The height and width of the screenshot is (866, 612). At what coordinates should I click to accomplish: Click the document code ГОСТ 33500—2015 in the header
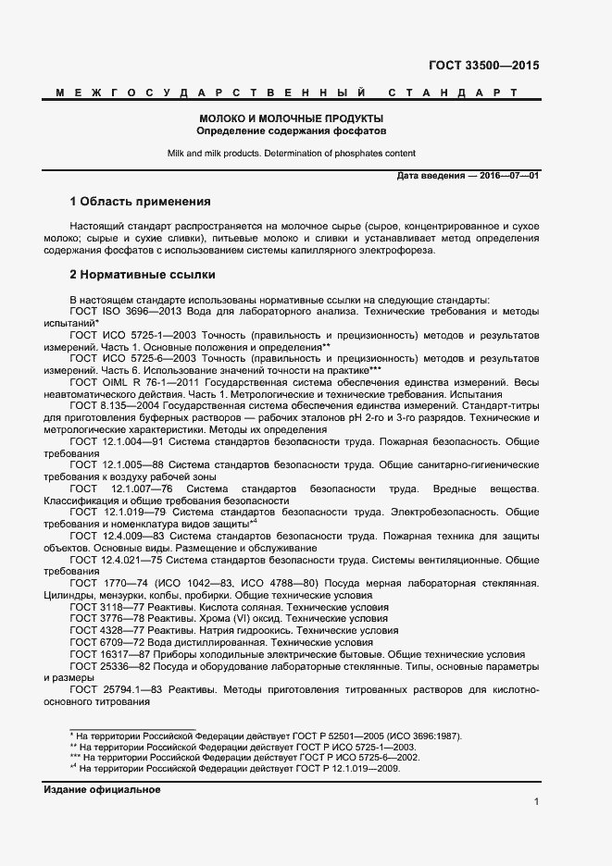point(483,66)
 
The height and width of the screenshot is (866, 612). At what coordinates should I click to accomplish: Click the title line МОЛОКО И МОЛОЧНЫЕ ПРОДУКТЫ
point(292,118)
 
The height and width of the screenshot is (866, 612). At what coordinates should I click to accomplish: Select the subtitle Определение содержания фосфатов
point(292,131)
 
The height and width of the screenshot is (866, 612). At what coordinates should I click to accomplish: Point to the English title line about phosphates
point(292,154)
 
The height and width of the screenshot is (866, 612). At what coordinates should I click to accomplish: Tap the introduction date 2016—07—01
point(508,176)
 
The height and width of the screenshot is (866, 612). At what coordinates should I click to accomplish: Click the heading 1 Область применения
point(141,202)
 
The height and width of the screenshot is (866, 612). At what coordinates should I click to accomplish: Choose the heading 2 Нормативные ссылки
point(143,275)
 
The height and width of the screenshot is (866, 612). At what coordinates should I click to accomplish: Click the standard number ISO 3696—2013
point(130,311)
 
